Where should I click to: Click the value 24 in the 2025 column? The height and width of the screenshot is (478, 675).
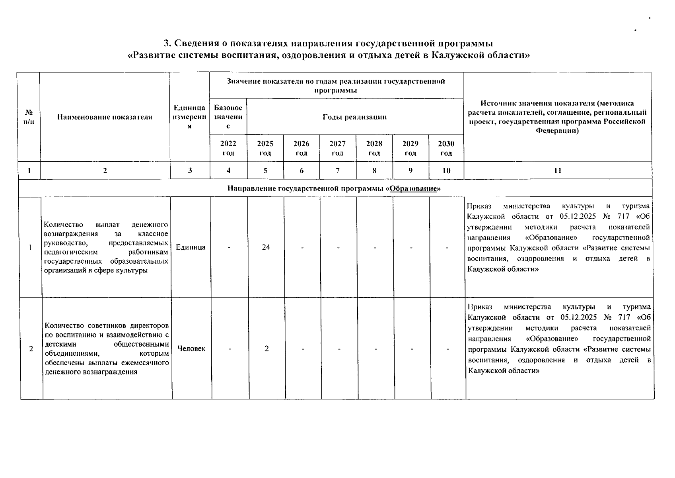pyautogui.click(x=266, y=247)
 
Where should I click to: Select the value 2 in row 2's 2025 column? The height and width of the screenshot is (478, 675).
pyautogui.click(x=266, y=349)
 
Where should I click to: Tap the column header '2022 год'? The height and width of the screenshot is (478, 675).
pyautogui.click(x=228, y=148)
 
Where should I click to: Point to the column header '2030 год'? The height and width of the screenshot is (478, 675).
pyautogui.click(x=446, y=148)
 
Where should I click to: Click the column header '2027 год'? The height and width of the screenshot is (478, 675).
pyautogui.click(x=337, y=148)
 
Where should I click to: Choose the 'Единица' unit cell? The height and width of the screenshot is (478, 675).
pyautogui.click(x=191, y=247)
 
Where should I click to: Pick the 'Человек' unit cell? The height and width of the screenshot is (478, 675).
pyautogui.click(x=191, y=349)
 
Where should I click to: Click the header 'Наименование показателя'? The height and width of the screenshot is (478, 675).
pyautogui.click(x=105, y=117)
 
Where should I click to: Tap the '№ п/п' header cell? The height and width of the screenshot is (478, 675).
pyautogui.click(x=29, y=117)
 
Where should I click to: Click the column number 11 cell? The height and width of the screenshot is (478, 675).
pyautogui.click(x=558, y=170)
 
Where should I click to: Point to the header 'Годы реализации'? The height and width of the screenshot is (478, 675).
pyautogui.click(x=354, y=117)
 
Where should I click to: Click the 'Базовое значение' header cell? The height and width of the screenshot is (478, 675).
pyautogui.click(x=228, y=117)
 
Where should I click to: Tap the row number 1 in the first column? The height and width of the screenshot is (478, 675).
pyautogui.click(x=30, y=247)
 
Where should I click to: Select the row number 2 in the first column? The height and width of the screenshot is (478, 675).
pyautogui.click(x=31, y=349)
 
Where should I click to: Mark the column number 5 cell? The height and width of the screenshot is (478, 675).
pyautogui.click(x=265, y=170)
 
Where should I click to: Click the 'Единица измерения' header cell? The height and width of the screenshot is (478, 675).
pyautogui.click(x=190, y=117)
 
